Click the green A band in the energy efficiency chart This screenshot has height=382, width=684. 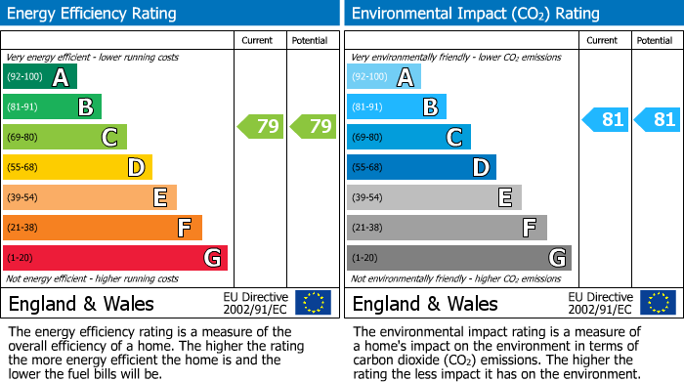tap(40, 77)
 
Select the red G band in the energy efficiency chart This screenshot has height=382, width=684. tap(115, 258)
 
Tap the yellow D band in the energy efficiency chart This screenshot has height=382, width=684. tap(78, 167)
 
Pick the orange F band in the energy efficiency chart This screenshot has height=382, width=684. tap(103, 228)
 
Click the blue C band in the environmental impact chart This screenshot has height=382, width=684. tap(408, 138)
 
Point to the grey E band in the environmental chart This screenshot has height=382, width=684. tap(434, 197)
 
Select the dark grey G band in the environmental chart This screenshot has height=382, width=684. tap(458, 258)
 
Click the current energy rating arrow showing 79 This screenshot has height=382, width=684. tap(260, 126)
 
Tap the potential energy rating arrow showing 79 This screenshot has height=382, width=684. tap(313, 126)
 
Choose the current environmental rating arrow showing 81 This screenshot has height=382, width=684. tap(605, 119)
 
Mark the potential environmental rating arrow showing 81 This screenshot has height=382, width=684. tap(657, 119)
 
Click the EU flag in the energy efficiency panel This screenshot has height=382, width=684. tap(313, 302)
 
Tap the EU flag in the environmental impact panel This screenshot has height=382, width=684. tap(658, 302)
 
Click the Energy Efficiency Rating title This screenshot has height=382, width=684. tap(93, 14)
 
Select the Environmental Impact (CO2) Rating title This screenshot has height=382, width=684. tap(475, 14)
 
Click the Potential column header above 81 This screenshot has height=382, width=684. tap(654, 41)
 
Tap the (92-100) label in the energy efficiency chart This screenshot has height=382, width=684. tap(23, 77)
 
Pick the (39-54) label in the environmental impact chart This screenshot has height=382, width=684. tap(367, 197)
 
